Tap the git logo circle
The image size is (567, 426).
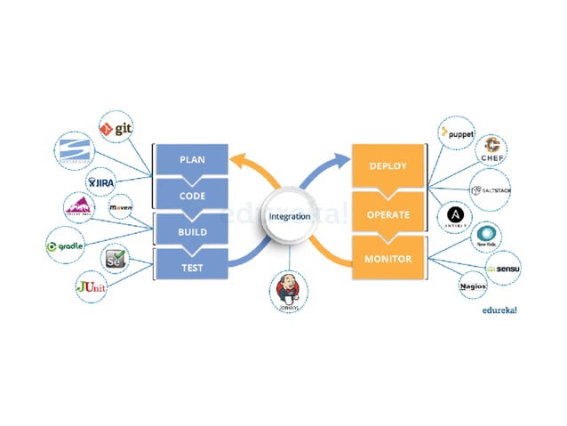[x=116, y=128]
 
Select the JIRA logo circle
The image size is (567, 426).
[x=101, y=182]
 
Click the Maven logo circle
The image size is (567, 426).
[x=121, y=207]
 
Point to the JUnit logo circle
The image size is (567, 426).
[x=92, y=287]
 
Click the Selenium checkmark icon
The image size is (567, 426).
[x=116, y=259]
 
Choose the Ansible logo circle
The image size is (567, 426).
[x=454, y=215]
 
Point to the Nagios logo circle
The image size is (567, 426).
[x=473, y=285]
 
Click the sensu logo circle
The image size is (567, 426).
[x=502, y=267]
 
